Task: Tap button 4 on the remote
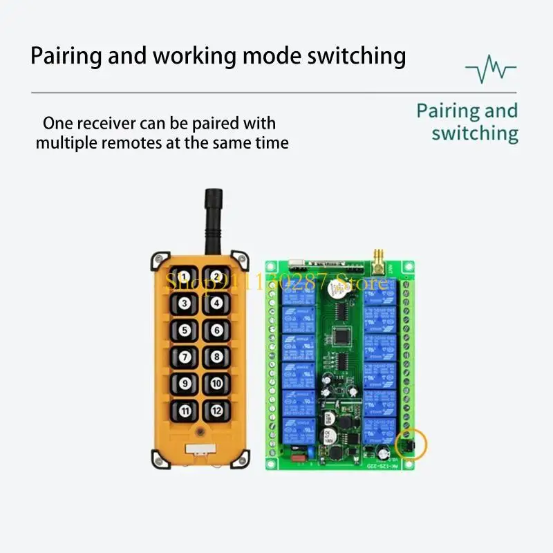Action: coord(217,302)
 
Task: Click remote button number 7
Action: coord(185,357)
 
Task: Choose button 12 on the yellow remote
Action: coord(217,411)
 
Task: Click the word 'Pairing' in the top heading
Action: coord(66,55)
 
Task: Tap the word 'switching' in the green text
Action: coord(475,133)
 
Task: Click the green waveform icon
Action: coord(491,70)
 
